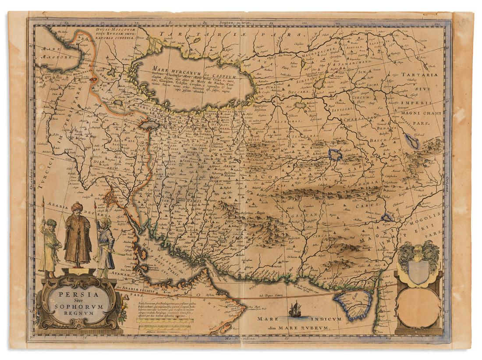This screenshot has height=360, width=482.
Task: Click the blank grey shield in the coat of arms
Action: pyautogui.click(x=417, y=271)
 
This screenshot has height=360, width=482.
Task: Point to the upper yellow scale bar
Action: pyautogui.click(x=164, y=320)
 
